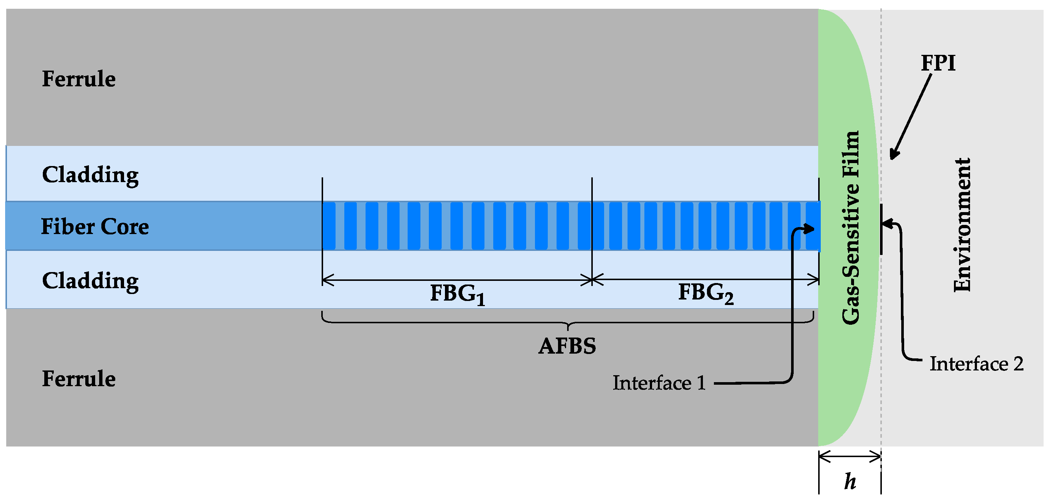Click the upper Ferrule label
[79, 79]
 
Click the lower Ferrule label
[79, 379]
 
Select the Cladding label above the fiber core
[90, 176]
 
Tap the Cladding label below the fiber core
[90, 282]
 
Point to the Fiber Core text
[95, 227]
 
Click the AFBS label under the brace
[567, 346]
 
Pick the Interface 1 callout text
[659, 384]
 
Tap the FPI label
[938, 63]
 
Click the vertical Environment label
[962, 225]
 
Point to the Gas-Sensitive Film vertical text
[851, 228]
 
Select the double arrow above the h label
[850, 457]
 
